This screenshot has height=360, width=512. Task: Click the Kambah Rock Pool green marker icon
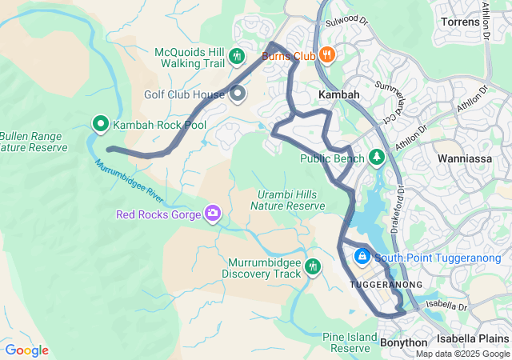tap(101, 124)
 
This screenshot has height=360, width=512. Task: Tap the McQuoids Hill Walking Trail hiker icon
tap(236, 56)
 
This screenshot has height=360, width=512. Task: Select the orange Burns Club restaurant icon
tap(326, 55)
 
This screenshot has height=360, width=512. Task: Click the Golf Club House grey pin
tap(238, 94)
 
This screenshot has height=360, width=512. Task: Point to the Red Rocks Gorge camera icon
tap(213, 213)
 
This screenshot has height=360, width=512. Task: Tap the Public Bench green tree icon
tap(378, 158)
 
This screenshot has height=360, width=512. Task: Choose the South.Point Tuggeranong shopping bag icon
tap(362, 257)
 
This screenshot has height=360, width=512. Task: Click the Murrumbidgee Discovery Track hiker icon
tap(312, 267)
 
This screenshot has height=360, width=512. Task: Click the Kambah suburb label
tap(338, 94)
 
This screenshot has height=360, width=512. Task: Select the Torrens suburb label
tap(461, 22)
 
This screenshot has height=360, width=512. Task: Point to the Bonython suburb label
tap(403, 342)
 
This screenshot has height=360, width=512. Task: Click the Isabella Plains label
tap(473, 338)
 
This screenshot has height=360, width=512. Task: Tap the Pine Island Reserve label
tap(350, 342)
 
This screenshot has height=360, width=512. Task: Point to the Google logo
tap(26, 350)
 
